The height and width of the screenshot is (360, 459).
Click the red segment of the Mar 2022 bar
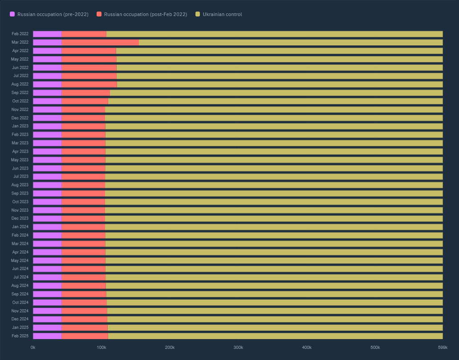[100, 42]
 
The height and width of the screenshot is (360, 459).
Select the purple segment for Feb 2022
[47, 34]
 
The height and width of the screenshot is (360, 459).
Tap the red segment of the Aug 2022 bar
[89, 84]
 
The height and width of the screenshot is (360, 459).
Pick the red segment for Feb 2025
[85, 336]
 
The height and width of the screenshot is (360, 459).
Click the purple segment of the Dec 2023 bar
[47, 218]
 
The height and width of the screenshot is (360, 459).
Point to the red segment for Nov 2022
[83, 109]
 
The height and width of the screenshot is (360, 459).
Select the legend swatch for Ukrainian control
[198, 14]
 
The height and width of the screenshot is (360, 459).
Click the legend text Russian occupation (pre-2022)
[53, 14]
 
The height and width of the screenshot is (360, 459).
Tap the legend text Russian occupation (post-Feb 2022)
[146, 14]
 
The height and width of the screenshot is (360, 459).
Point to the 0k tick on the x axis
[33, 347]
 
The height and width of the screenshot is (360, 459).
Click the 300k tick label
[238, 347]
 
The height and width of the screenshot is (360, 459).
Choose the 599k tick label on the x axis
[443, 347]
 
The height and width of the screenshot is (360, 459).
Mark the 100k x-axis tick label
[102, 347]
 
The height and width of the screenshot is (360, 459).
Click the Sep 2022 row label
[20, 93]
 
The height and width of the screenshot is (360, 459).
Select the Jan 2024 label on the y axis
[20, 227]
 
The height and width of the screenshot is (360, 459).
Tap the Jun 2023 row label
[20, 168]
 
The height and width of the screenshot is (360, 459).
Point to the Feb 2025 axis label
[20, 336]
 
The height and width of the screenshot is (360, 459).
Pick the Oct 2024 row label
[20, 303]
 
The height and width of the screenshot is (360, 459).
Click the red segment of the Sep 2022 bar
[85, 93]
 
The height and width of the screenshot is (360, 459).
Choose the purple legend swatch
[12, 14]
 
